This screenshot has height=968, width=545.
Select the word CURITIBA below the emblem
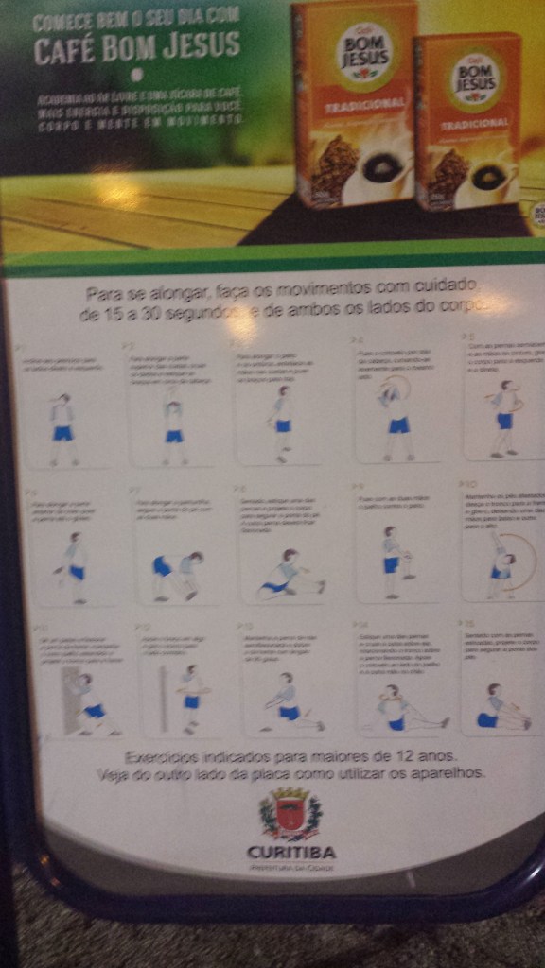click(290, 852)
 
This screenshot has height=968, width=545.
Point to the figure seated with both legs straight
click(500, 708)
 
